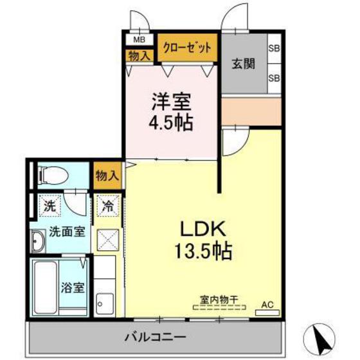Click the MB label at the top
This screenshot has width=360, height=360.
pos(139,40)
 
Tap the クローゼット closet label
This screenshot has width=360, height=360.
pos(190,47)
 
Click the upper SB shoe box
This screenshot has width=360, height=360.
pos(274,48)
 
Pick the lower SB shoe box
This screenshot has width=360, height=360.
pos(274,78)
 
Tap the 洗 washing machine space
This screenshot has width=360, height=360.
pos(49,207)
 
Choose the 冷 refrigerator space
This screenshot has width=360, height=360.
pos(107,208)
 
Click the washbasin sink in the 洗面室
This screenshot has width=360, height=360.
pos(37,242)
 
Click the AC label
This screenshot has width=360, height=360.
pos(267,304)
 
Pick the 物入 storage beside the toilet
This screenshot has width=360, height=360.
pos(106,175)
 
